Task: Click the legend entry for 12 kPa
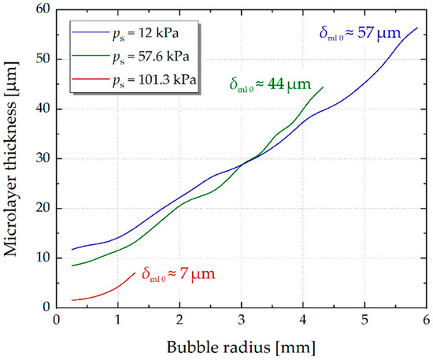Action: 125,33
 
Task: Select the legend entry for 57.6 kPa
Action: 131,57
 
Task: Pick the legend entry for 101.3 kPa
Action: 134,80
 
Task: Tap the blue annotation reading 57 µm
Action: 360,34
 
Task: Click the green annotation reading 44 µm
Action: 270,84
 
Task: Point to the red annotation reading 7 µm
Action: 179,274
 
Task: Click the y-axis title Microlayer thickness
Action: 11,159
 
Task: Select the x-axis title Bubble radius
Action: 241,347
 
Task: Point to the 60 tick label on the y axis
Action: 43,9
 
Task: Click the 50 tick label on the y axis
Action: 43,59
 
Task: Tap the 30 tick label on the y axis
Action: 43,158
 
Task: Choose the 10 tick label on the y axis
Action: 43,258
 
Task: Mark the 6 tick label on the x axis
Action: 427,320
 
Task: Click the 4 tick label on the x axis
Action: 303,320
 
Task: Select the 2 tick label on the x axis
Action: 179,320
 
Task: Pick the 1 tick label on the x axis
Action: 118,320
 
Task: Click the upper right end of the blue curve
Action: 417,28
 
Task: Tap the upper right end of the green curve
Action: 323,87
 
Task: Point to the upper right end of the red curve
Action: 135,273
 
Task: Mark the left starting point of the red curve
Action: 72,300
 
